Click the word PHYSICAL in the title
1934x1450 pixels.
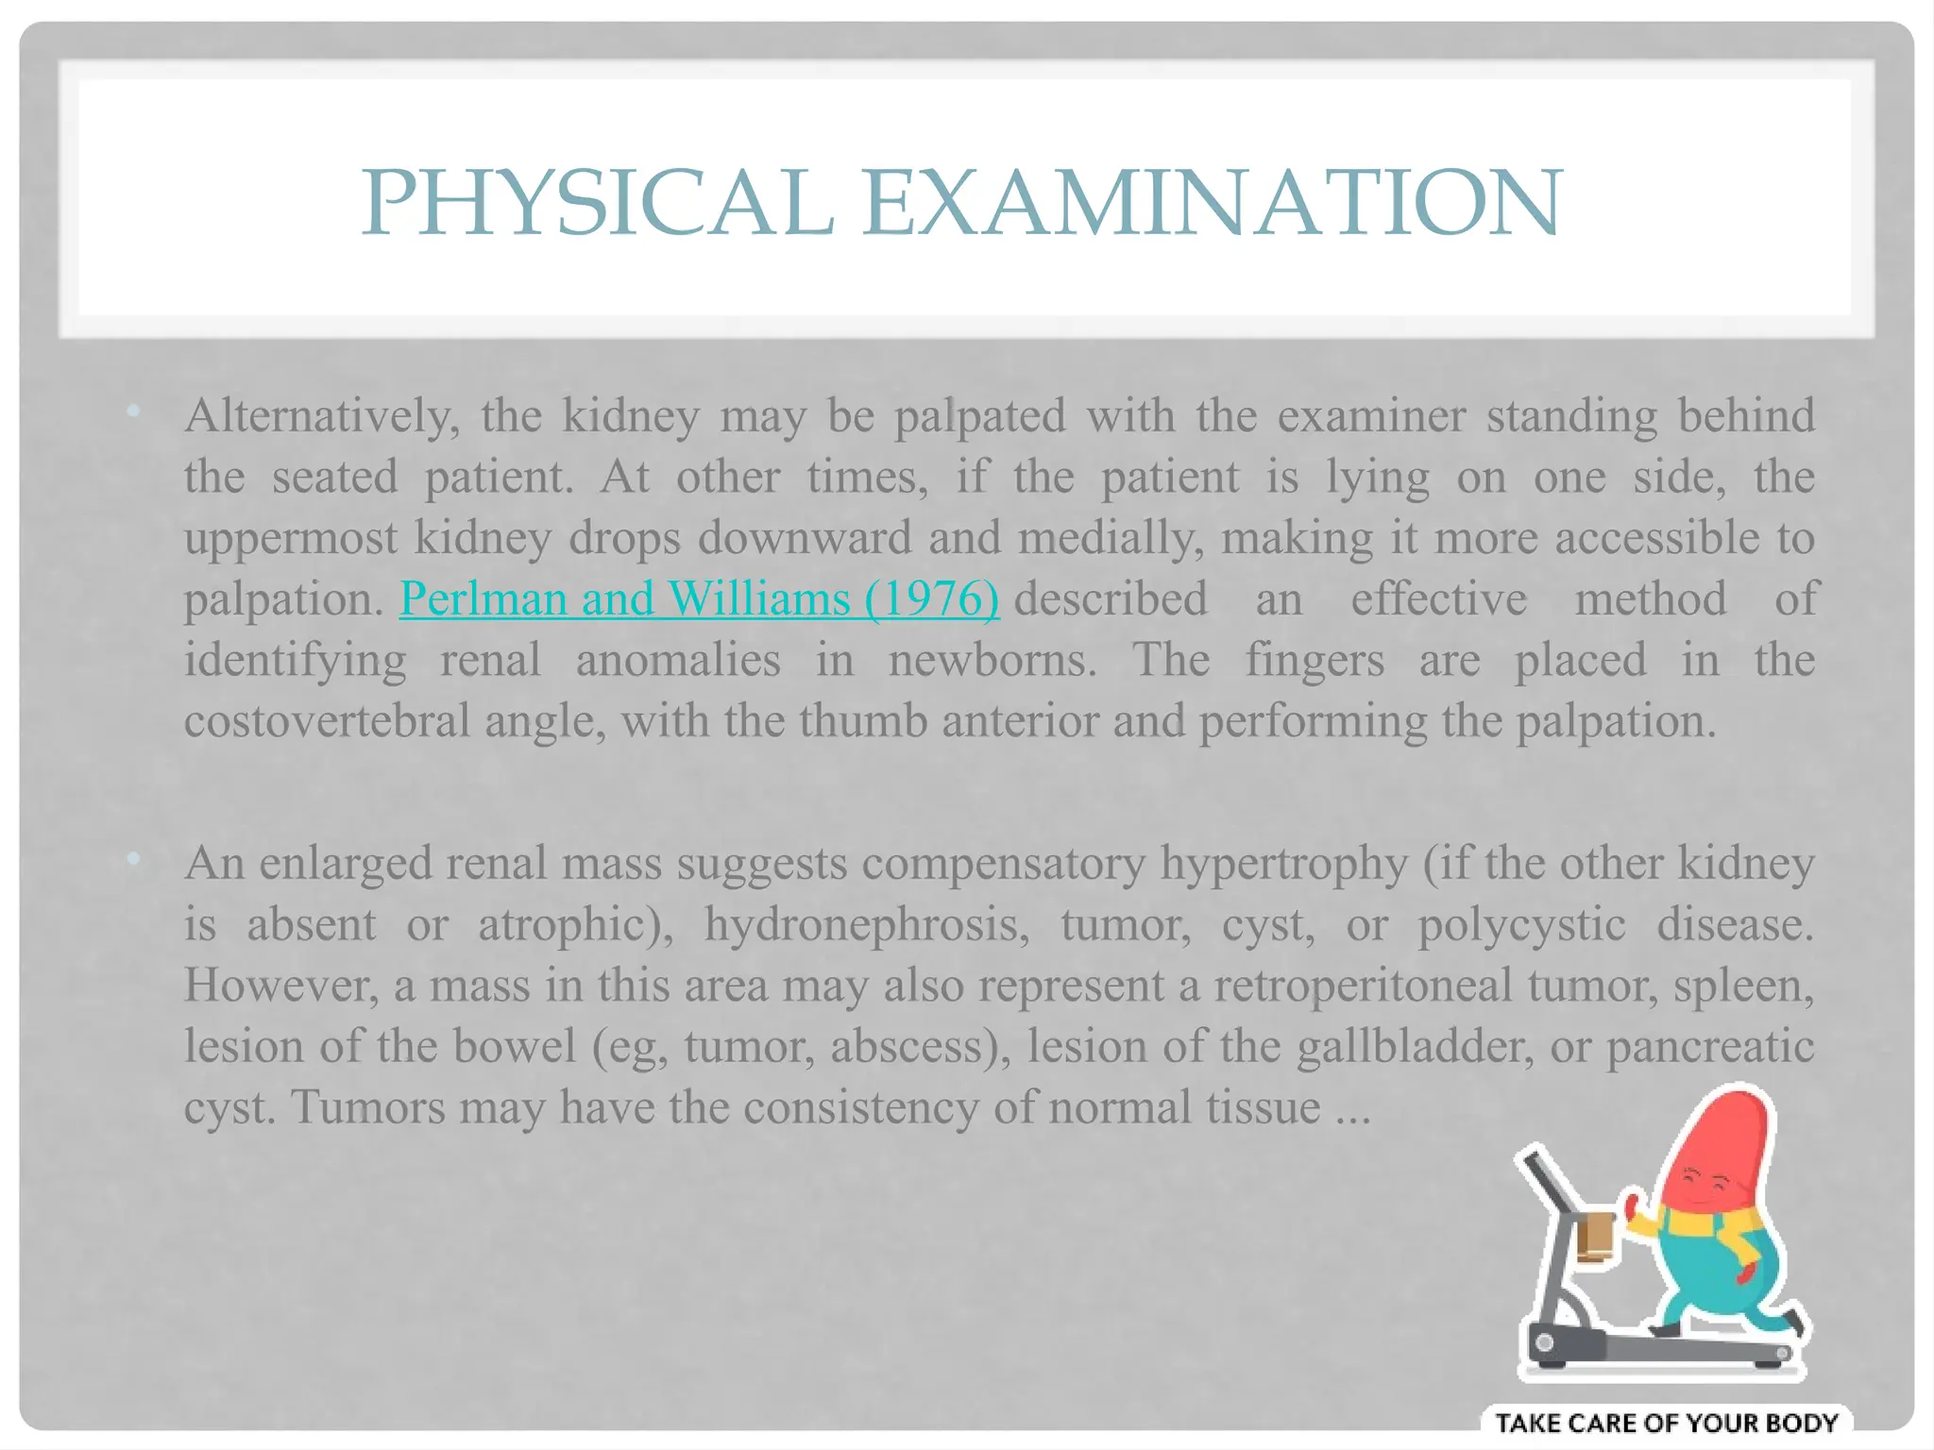[597, 203]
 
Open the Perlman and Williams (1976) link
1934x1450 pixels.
[699, 599]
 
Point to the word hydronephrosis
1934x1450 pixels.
[867, 923]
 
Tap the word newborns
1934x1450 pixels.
[992, 660]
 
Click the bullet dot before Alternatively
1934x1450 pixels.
[133, 411]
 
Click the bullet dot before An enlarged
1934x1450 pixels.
[133, 858]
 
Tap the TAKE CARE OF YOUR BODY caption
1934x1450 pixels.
[1666, 1423]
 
